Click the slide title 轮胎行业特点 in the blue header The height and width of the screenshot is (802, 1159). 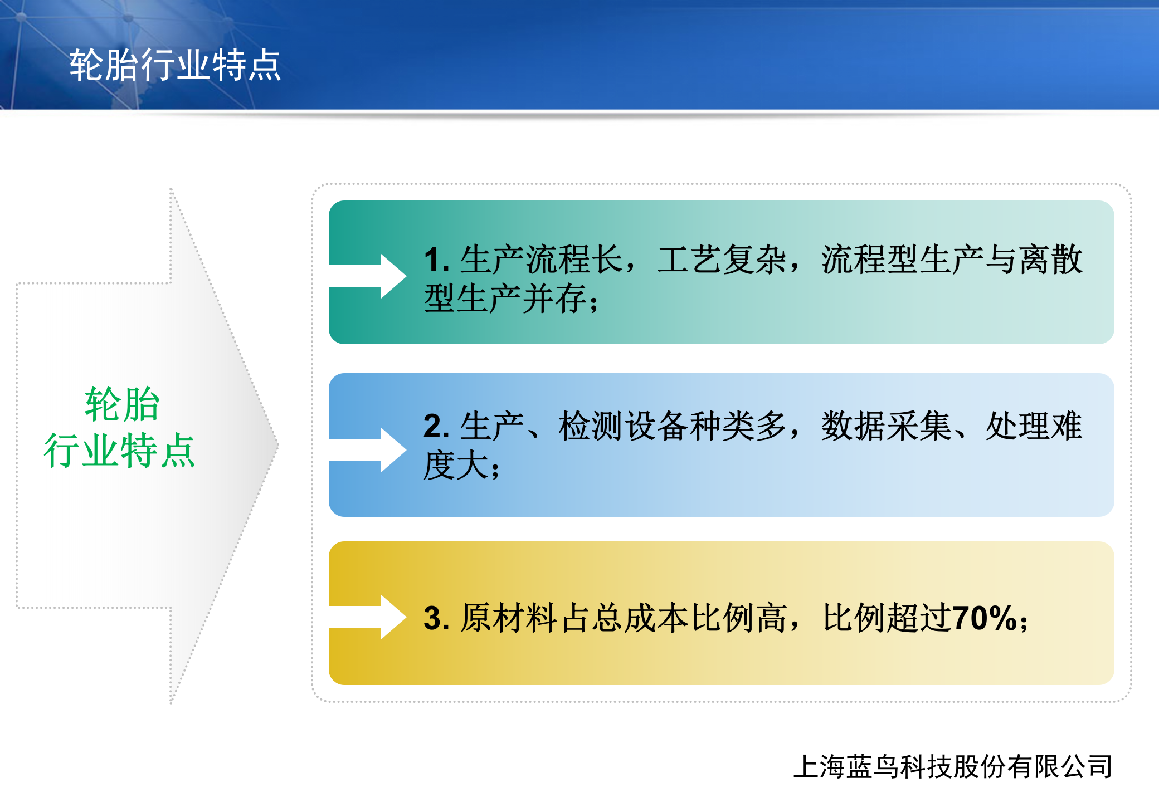175,65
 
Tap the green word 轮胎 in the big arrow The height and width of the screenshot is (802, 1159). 122,404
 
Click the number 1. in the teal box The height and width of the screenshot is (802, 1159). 436,260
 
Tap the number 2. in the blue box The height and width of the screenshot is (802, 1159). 436,427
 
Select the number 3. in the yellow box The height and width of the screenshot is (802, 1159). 436,618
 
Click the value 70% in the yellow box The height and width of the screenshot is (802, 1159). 985,618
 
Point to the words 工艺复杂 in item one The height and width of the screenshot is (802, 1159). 722,260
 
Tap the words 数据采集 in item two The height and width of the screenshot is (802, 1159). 886,427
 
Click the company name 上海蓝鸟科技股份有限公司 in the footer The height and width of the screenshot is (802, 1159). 953,767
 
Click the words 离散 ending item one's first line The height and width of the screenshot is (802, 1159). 1051,260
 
